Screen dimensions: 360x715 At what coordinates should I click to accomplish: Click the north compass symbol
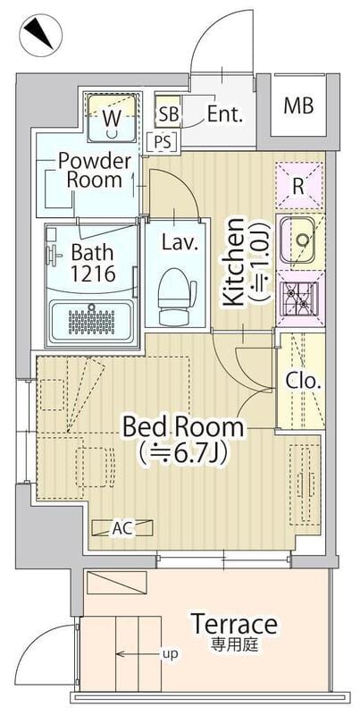pyautogui.click(x=40, y=36)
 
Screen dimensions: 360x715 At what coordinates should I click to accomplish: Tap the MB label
pyautogui.click(x=298, y=105)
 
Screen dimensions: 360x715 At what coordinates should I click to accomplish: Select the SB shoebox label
pyautogui.click(x=169, y=114)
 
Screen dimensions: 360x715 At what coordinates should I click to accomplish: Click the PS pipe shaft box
pyautogui.click(x=163, y=142)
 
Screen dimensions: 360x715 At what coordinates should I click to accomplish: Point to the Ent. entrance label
pyautogui.click(x=224, y=114)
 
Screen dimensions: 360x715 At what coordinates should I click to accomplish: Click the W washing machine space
pyautogui.click(x=112, y=118)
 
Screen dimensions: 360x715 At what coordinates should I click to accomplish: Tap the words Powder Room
pyautogui.click(x=95, y=171)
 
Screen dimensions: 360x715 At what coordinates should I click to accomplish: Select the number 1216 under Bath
pyautogui.click(x=93, y=273)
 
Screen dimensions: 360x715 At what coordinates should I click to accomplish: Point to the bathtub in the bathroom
pyautogui.click(x=92, y=320)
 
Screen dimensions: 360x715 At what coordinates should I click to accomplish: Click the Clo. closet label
pyautogui.click(x=303, y=382)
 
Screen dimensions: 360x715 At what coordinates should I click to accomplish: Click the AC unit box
pyautogui.click(x=122, y=528)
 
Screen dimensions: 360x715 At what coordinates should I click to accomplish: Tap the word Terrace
pyautogui.click(x=234, y=623)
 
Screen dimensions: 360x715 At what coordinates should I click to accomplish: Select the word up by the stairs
pyautogui.click(x=172, y=654)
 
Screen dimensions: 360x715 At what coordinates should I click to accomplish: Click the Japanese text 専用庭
pyautogui.click(x=234, y=644)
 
